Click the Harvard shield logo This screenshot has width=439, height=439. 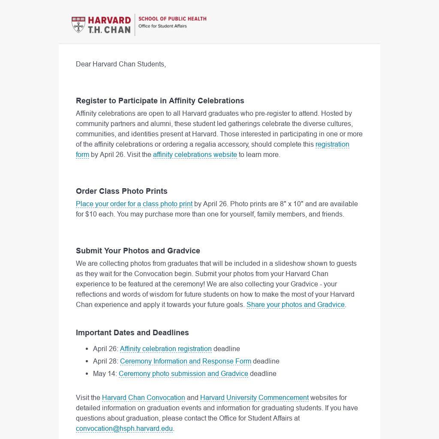click(78, 25)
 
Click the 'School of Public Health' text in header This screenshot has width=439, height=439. click(172, 19)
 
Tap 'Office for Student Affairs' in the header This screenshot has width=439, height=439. click(162, 26)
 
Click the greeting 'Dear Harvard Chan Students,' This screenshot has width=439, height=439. click(121, 64)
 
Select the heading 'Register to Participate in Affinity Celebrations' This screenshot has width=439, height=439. click(160, 101)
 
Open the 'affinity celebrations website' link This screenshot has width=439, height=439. click(195, 155)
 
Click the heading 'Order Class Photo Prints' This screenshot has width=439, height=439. click(121, 191)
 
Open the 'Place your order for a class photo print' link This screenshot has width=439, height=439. click(134, 204)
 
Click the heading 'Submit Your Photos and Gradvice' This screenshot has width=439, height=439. click(138, 251)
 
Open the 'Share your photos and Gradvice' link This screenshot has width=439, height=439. click(295, 305)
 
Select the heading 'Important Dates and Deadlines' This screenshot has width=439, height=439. click(132, 333)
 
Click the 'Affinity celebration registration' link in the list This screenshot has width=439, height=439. click(165, 349)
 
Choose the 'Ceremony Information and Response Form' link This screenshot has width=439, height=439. click(185, 361)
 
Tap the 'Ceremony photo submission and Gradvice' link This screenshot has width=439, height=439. click(183, 374)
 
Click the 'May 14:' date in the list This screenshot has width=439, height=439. click(105, 374)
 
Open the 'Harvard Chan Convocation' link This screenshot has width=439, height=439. click(143, 398)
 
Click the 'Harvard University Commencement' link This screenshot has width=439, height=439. click(254, 398)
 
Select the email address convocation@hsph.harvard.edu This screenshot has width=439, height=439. click(124, 429)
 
